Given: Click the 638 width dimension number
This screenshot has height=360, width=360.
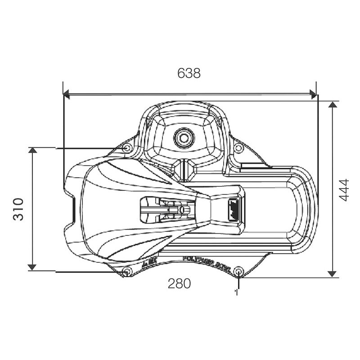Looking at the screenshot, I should point(189,73).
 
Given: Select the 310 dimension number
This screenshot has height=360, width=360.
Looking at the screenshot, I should point(18,209).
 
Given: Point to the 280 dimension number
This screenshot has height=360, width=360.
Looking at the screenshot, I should point(179,283).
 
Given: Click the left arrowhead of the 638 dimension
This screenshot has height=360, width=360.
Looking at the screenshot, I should point(66,94).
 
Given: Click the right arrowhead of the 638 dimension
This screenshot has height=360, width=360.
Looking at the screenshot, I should point(313,94).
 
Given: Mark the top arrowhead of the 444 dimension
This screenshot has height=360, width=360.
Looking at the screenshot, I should point(332,105).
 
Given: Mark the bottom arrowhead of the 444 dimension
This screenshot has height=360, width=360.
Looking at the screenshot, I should point(332,273).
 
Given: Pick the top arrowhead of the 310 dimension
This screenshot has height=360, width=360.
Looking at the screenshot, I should point(32,150).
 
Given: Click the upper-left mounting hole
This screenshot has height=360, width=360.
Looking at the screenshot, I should point(127,148).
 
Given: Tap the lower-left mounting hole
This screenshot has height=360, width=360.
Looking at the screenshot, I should point(127,271).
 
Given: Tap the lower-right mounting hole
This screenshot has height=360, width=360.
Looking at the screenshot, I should point(239,271).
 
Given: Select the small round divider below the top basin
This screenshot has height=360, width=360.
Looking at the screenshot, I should point(184,169).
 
